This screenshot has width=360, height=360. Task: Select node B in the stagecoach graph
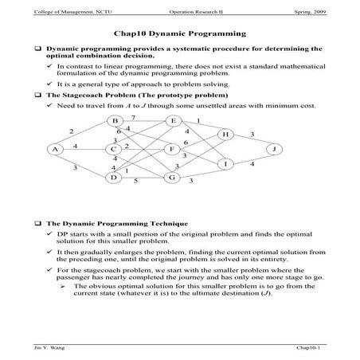[114, 121]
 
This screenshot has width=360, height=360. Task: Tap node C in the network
[114, 149]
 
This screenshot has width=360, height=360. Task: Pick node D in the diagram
[114, 178]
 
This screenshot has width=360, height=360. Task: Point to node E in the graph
[172, 121]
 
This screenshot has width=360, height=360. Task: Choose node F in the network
[172, 149]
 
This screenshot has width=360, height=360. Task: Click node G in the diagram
[172, 178]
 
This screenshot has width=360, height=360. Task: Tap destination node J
[274, 149]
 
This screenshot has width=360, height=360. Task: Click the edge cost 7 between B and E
[133, 117]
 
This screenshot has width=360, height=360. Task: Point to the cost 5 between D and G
[136, 182]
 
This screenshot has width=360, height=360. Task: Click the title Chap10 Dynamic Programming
[178, 34]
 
